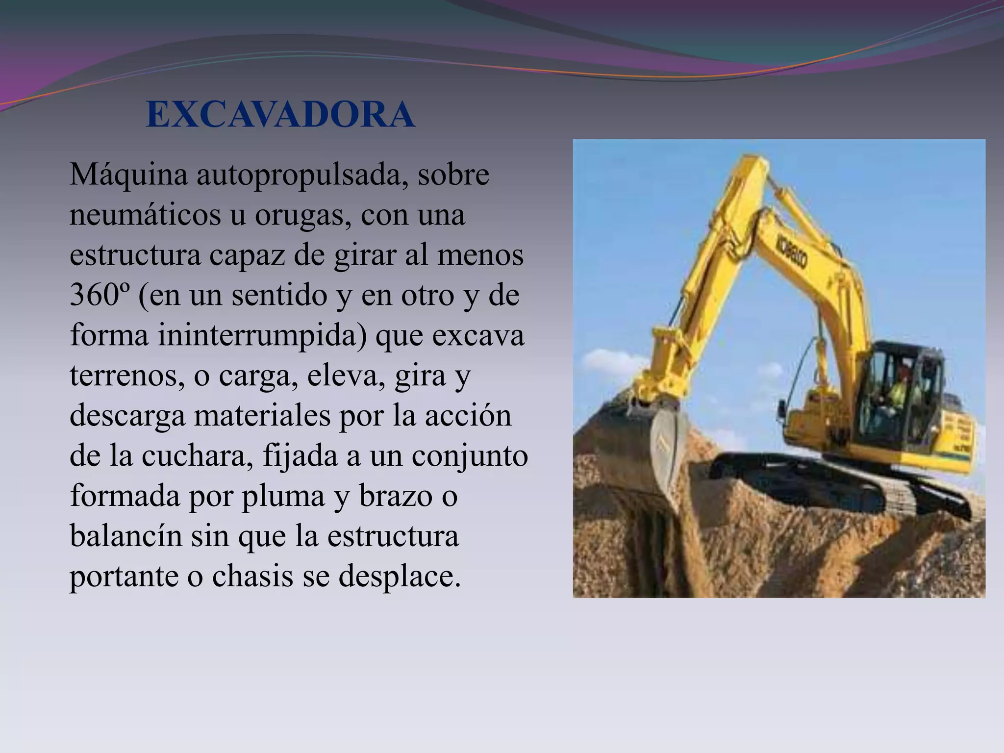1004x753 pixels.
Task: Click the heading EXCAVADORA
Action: coord(280,115)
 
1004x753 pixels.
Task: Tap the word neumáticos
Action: coord(145,215)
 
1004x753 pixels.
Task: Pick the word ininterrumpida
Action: coord(262,336)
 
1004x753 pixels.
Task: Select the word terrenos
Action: coord(127,376)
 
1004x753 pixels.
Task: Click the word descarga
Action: coord(127,416)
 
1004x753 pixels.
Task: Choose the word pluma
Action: coord(283,496)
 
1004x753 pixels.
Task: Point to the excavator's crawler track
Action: coord(833,485)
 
